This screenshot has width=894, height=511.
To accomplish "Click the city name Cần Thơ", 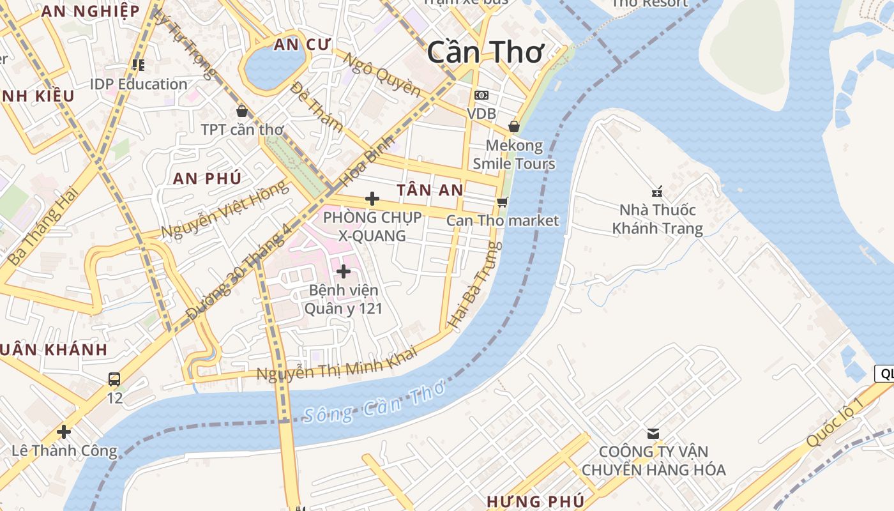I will (x=485, y=52).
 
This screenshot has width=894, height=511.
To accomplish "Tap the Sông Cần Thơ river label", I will (x=373, y=405).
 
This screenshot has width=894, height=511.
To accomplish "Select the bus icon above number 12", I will (x=114, y=379).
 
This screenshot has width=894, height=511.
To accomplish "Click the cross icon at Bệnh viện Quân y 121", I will (x=344, y=271).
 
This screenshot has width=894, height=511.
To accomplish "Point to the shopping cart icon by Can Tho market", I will (x=503, y=202).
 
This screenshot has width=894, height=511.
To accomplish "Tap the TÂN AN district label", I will (x=430, y=190).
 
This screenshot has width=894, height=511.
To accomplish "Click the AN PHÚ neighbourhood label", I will (x=207, y=179).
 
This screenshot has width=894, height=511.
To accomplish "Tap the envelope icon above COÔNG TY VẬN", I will (x=653, y=433).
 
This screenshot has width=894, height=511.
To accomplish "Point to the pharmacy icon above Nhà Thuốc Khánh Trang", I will (x=657, y=191).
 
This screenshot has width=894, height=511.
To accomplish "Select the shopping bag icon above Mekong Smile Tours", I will (x=513, y=126).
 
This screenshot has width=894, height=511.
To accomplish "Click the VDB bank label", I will (x=481, y=113).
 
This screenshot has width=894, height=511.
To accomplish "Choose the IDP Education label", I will (x=139, y=84).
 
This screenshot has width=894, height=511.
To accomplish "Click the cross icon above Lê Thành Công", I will (x=64, y=431).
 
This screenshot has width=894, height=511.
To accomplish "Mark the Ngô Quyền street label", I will (x=382, y=74).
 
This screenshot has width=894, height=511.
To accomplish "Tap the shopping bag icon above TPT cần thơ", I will (x=241, y=111).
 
